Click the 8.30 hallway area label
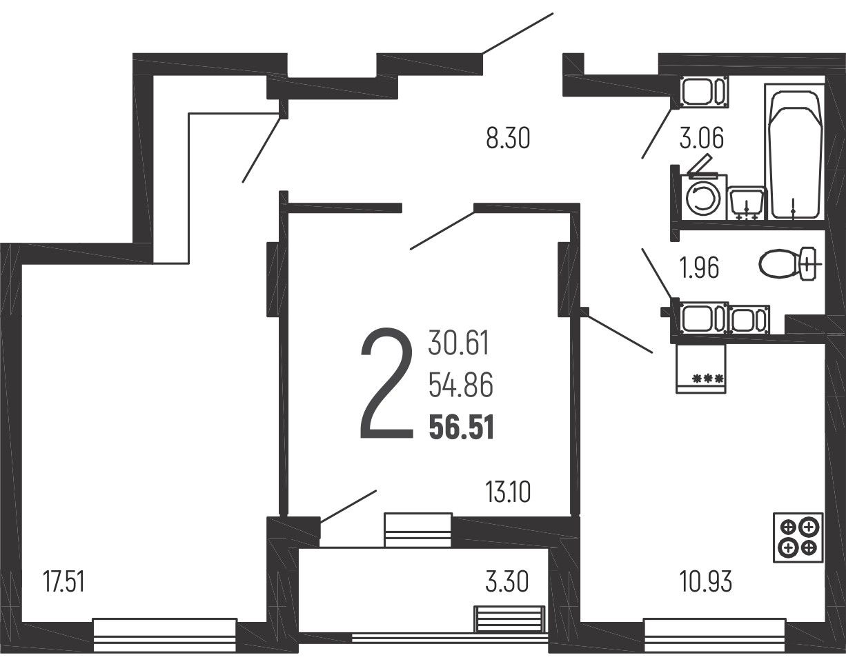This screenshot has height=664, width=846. (508, 139)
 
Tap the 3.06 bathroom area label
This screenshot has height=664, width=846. (702, 139)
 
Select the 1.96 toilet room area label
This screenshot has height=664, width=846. (699, 268)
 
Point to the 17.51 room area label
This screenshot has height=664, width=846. (63, 583)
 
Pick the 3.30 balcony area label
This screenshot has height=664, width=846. (506, 583)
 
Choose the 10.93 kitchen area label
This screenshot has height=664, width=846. (706, 583)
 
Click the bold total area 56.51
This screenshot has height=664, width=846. (462, 427)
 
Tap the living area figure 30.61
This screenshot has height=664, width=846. (458, 342)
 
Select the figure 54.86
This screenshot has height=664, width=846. (460, 385)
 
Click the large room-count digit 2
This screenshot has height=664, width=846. (386, 383)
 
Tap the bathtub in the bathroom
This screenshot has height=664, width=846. (795, 152)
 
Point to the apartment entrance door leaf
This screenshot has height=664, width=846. (518, 33)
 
